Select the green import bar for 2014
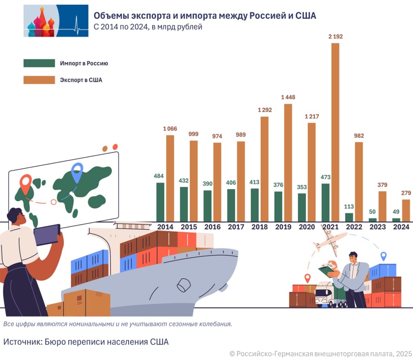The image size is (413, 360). pos(160,202)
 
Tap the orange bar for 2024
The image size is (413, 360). pos(406,210)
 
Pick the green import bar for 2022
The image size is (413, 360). pos(349,217)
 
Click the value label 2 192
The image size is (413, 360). pos(335,37)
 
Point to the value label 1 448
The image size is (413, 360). pos(288,98)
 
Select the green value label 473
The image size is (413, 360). pos(325,177)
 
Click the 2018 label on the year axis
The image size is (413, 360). pos(259,227)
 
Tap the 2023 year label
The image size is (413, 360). pos(378,227)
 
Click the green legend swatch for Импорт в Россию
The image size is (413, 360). pos(39,63)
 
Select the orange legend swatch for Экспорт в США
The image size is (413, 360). pos(39,80)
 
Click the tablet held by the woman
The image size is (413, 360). pos(47,235)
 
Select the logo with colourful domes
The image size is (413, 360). pos(56,21)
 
